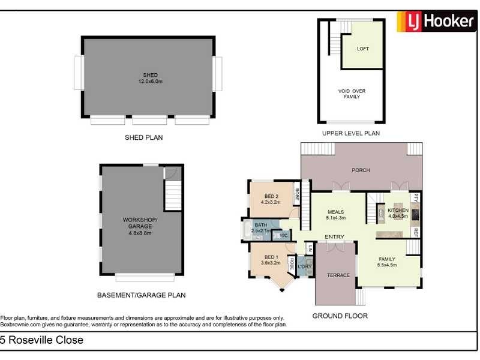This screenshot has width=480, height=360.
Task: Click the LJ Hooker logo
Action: [436, 22]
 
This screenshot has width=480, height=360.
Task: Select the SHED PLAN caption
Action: [143, 137]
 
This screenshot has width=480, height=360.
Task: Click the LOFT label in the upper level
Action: [362, 49]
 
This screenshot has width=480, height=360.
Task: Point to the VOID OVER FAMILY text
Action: [352, 94]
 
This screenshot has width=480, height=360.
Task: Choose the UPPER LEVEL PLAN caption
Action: [351, 133]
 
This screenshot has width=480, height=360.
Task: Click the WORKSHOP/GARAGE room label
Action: [140, 223]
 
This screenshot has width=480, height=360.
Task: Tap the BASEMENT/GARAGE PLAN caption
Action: [141, 295]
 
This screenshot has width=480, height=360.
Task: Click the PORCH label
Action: [361, 170]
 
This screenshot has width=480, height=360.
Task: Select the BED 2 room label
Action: [271, 199]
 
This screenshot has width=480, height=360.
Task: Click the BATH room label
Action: [260, 227]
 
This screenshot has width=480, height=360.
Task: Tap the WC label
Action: [284, 236]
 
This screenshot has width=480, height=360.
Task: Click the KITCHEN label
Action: [398, 214]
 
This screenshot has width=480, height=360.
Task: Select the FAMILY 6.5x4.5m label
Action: [386, 262]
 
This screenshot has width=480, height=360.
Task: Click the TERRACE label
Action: [338, 275]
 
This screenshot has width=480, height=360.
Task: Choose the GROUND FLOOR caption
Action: [340, 316]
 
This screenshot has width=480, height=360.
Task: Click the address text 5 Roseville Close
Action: [42, 341]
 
